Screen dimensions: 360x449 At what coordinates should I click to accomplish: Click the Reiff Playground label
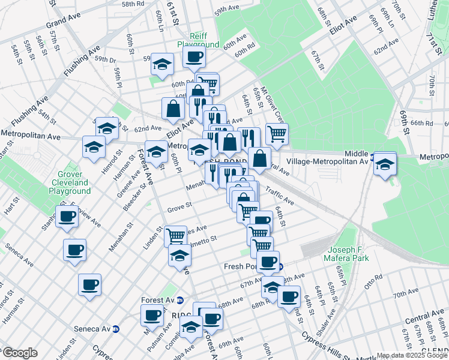[197, 40]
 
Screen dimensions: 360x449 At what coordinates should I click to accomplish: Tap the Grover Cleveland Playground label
[70, 182]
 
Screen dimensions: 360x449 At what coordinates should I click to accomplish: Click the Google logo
[20, 353]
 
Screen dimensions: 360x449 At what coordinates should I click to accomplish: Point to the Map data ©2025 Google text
[411, 355]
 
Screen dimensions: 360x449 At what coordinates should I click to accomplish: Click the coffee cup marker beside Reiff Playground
[194, 58]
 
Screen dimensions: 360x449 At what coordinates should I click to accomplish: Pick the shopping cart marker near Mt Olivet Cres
[277, 134]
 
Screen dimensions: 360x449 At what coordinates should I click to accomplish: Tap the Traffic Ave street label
[279, 197]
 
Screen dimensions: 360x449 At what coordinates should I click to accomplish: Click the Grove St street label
[179, 206]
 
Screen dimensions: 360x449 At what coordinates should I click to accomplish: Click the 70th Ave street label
[406, 295]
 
